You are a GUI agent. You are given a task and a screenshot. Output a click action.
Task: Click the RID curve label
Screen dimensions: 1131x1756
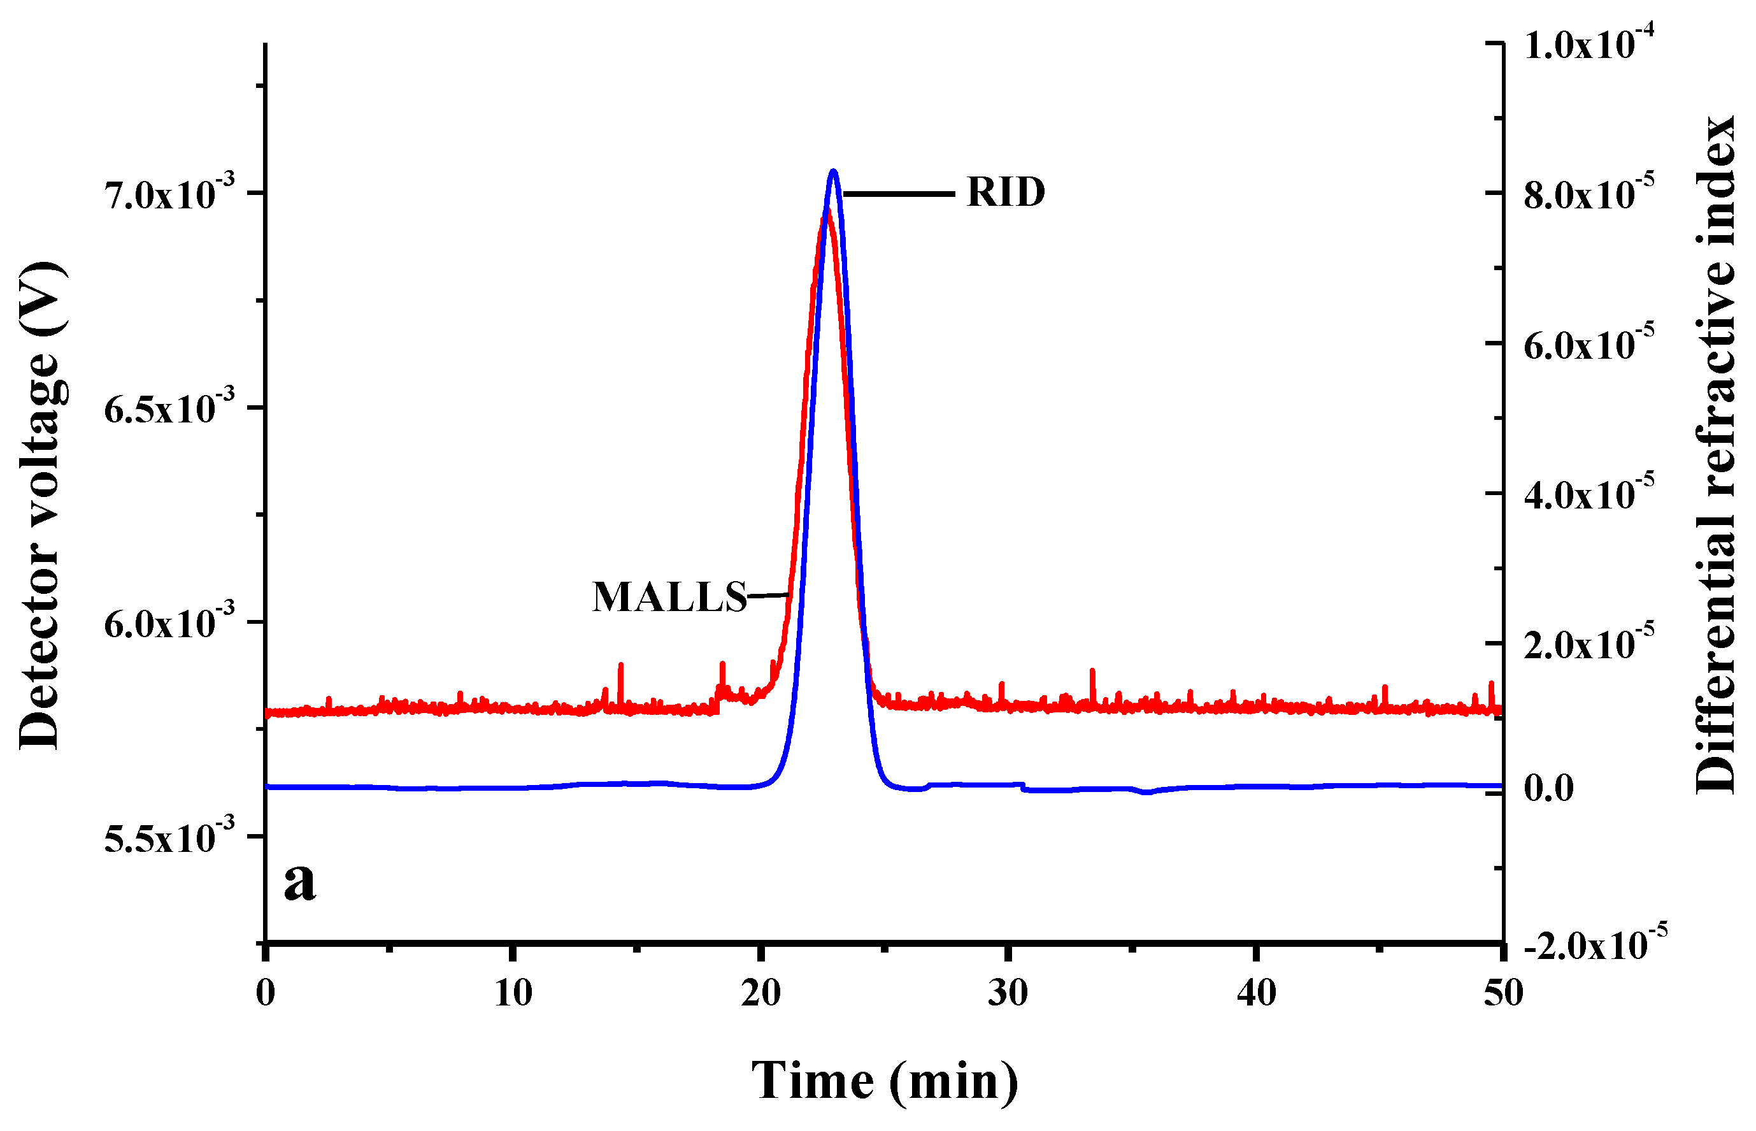click(1006, 193)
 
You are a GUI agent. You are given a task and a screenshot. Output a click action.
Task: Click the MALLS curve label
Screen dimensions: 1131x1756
click(669, 597)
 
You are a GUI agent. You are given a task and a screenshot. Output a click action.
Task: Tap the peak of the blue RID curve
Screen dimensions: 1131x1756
click(832, 172)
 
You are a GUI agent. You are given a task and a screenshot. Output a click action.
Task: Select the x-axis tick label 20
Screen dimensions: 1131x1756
click(760, 993)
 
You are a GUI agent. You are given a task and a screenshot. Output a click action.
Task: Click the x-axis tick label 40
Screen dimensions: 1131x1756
click(1256, 993)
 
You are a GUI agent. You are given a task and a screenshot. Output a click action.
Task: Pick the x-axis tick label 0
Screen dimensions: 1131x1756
click(266, 993)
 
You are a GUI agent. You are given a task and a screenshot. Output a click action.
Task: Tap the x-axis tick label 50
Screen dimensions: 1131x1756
click(1503, 993)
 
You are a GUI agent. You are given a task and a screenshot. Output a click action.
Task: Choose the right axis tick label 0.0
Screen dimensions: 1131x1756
click(1549, 788)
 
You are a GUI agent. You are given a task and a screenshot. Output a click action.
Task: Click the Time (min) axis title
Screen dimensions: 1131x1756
click(885, 1080)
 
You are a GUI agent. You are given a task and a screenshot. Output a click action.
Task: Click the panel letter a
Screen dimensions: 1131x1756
click(299, 881)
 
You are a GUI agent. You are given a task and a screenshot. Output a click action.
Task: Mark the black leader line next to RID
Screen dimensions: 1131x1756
click(899, 194)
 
